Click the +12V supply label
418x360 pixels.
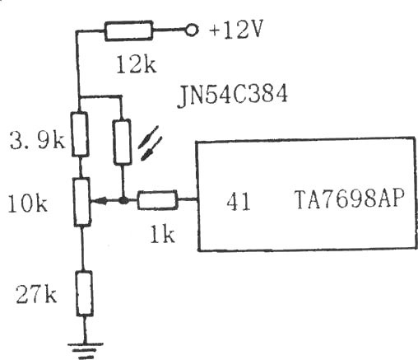tap(236, 29)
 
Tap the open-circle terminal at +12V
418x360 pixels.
tap(191, 30)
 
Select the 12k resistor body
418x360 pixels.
tap(128, 30)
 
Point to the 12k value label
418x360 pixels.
tap(137, 64)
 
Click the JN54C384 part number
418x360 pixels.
tap(232, 96)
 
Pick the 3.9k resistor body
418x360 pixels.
tap(80, 134)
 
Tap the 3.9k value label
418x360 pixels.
tap(37, 140)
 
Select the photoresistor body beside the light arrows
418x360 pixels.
tap(122, 142)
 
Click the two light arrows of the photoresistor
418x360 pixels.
tap(150, 143)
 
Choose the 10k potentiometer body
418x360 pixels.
tap(82, 202)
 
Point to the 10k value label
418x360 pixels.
tap(28, 203)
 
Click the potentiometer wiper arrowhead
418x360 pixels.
tap(99, 201)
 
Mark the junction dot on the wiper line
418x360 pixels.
tap(123, 201)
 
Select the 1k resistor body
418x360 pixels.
tap(157, 200)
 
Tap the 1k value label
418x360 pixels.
tap(163, 234)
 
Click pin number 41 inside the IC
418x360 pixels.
tap(239, 201)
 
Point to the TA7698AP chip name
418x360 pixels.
tap(349, 199)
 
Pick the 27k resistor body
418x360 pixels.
tap(84, 293)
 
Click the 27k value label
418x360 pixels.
tap(36, 294)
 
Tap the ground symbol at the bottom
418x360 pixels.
tap(86, 350)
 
